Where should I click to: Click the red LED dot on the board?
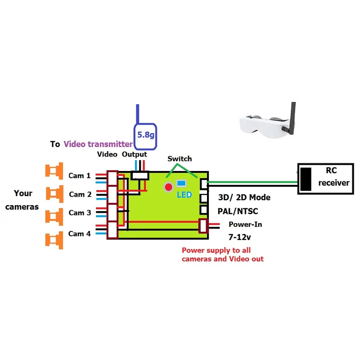168,187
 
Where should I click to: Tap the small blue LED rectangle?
181,183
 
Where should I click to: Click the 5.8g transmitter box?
145,136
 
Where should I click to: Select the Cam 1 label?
80,175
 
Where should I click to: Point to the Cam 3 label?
80,212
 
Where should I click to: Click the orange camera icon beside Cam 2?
54,194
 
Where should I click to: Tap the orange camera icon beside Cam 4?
54,240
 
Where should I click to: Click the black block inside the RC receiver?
306,179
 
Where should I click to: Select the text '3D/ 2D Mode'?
244,198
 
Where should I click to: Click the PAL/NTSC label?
238,211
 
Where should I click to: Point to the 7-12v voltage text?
239,237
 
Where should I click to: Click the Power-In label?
245,224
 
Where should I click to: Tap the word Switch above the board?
180,159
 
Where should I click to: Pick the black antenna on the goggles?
292,118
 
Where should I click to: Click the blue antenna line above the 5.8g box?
138,114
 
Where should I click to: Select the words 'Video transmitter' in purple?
98,144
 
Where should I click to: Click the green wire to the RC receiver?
252,182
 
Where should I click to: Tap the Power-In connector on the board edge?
203,226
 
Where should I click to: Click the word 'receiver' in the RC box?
334,183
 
